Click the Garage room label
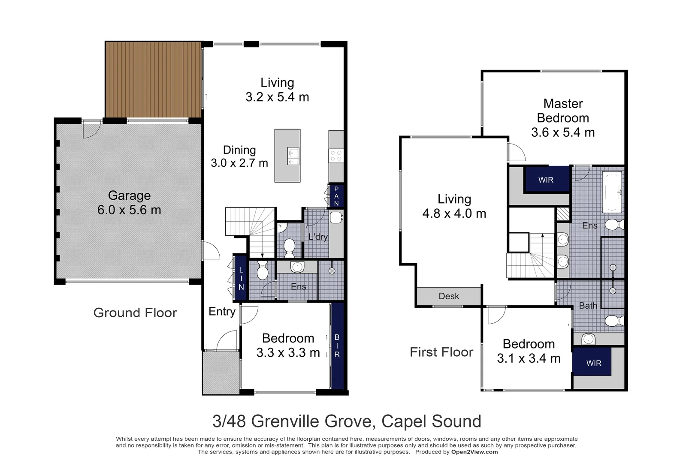[x=129, y=195]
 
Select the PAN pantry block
[x=336, y=196]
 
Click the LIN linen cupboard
[x=241, y=278]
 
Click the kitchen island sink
[x=293, y=156]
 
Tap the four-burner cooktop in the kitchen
[x=336, y=155]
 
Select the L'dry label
[x=318, y=237]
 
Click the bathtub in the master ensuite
[x=612, y=192]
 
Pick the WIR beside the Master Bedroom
[x=546, y=180]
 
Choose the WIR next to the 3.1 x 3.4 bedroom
[x=594, y=363]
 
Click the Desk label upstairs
[x=449, y=296]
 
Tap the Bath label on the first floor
[x=588, y=306]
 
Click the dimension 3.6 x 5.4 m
[x=563, y=132]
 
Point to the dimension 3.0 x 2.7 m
[x=239, y=163]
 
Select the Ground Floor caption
[x=135, y=313]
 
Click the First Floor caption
[x=441, y=352]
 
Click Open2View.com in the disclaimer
[x=474, y=452]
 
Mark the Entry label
[x=222, y=312]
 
